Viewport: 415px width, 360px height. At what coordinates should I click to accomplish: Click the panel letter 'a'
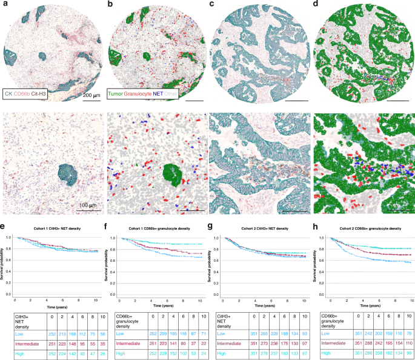[5, 5]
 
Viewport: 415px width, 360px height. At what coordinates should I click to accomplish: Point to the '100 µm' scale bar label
[87, 199]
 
